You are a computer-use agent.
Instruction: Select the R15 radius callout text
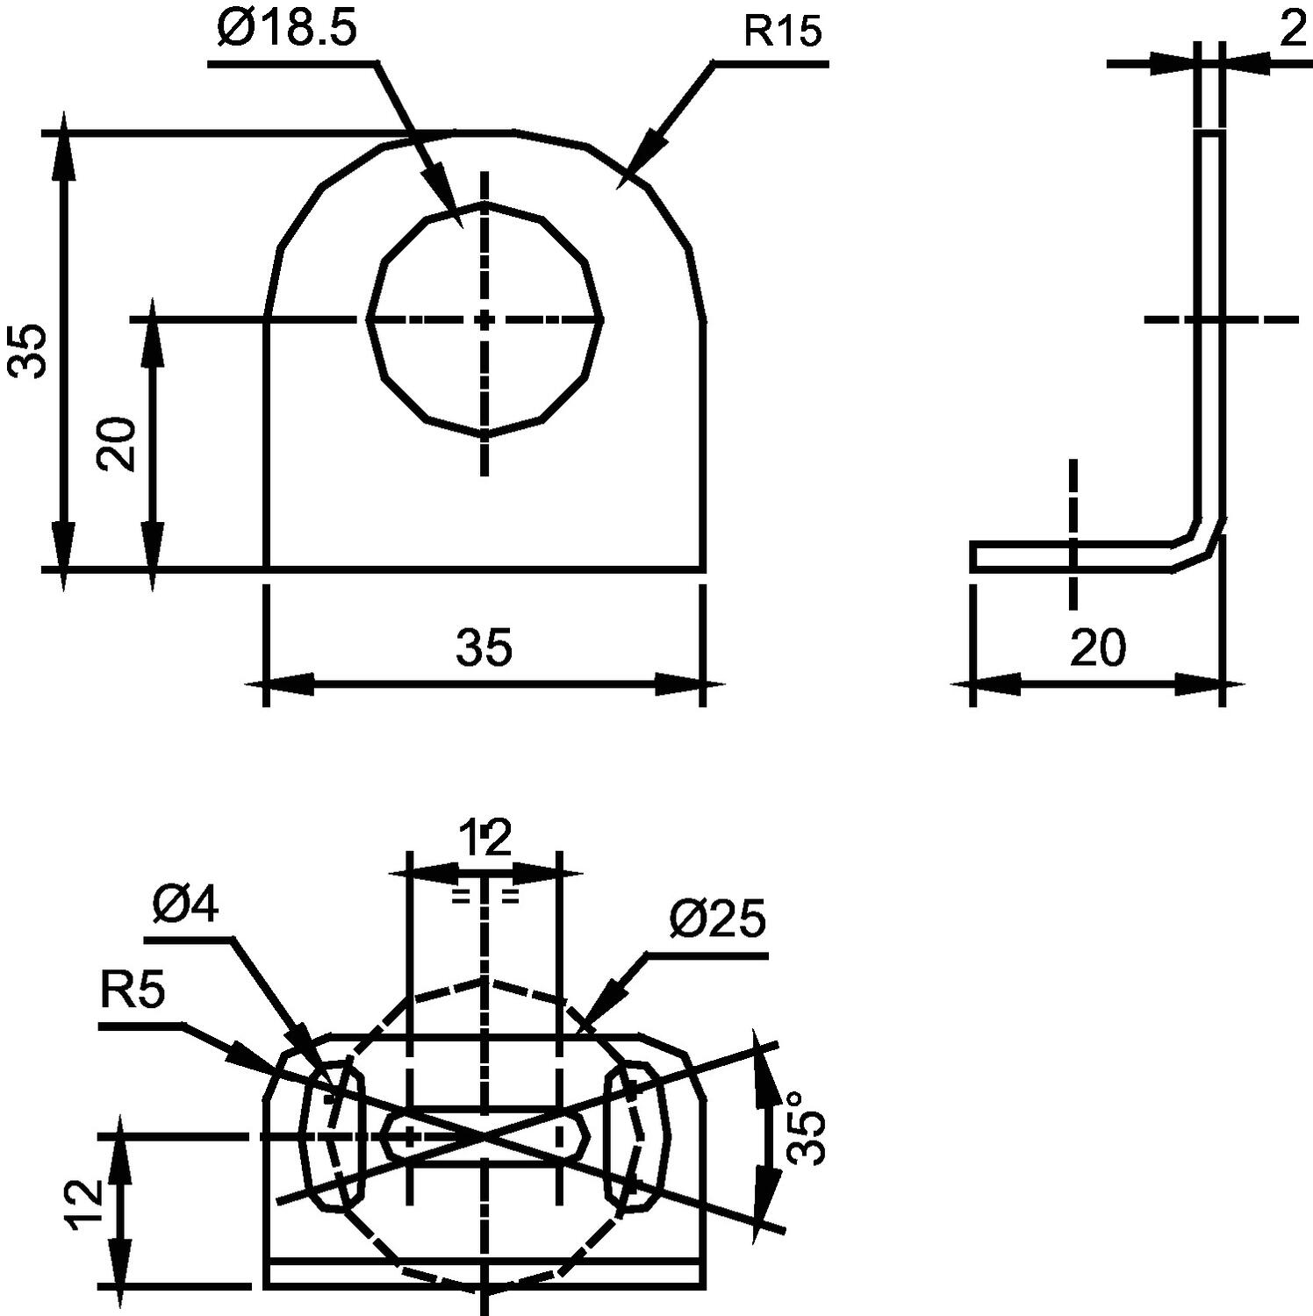[x=783, y=32]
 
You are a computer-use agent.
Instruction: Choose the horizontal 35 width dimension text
[x=484, y=647]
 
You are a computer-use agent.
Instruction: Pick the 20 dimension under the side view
[x=1097, y=648]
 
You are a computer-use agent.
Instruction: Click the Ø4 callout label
[x=185, y=905]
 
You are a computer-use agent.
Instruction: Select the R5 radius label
[x=133, y=993]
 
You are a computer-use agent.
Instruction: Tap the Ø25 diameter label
[x=717, y=919]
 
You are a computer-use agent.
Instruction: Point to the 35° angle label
[x=806, y=1127]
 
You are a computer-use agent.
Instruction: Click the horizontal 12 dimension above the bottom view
[x=485, y=838]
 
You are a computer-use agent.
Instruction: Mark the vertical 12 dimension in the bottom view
[x=88, y=1205]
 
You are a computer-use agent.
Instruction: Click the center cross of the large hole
[x=484, y=320]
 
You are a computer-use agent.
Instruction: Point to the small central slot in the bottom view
[x=485, y=1135]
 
